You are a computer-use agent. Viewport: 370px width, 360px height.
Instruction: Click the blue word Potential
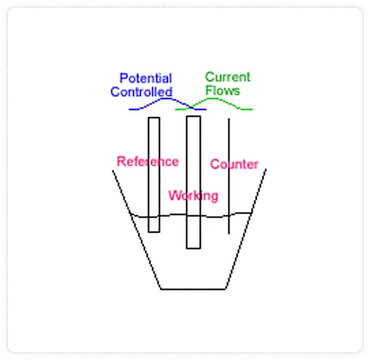pos(146,79)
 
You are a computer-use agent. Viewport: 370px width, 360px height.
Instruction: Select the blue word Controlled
pos(142,92)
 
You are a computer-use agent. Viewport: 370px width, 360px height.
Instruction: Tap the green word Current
pos(228,77)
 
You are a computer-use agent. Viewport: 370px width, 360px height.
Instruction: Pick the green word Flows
pos(222,90)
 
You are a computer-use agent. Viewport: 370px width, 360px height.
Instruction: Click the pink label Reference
pos(148,162)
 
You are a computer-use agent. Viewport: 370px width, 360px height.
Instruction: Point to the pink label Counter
pos(234,164)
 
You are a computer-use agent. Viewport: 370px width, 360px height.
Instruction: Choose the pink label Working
pos(193,195)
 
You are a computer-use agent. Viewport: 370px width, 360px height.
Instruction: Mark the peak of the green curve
pos(213,98)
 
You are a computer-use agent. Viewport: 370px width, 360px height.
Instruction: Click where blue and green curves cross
pos(190,108)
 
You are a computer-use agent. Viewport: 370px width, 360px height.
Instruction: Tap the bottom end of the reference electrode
pos(154,232)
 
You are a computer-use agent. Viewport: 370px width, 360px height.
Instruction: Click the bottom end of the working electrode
pos(194,248)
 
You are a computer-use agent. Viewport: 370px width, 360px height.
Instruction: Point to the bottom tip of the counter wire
pos(228,234)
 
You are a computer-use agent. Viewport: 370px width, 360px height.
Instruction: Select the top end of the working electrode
pos(194,116)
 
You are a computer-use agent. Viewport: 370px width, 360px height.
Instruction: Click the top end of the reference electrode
pos(154,117)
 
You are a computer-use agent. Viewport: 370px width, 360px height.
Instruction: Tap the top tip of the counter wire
pos(228,119)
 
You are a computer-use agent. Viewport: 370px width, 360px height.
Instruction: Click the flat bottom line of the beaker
pos(193,289)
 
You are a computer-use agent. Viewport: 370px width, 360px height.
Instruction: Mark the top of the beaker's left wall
pos(113,171)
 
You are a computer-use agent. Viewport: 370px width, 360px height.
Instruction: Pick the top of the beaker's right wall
pos(266,169)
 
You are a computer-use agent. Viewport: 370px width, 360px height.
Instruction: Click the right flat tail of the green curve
pos(247,109)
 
